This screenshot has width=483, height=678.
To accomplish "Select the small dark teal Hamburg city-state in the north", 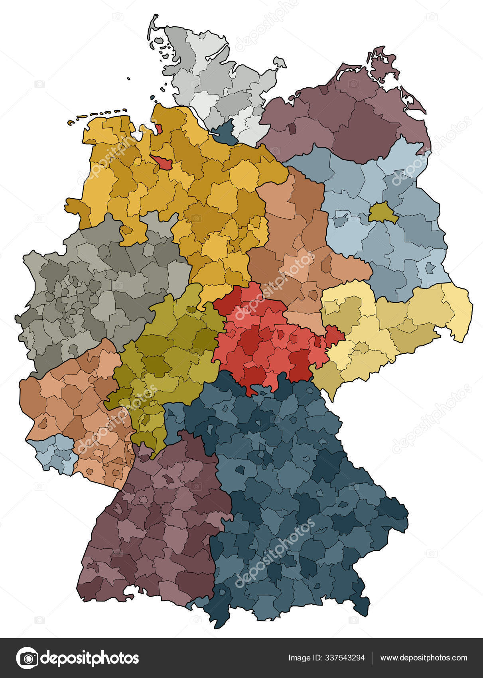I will [225, 133].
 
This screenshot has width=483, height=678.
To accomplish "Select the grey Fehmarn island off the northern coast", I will [279, 62].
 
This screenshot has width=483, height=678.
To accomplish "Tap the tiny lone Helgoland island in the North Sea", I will [128, 79].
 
